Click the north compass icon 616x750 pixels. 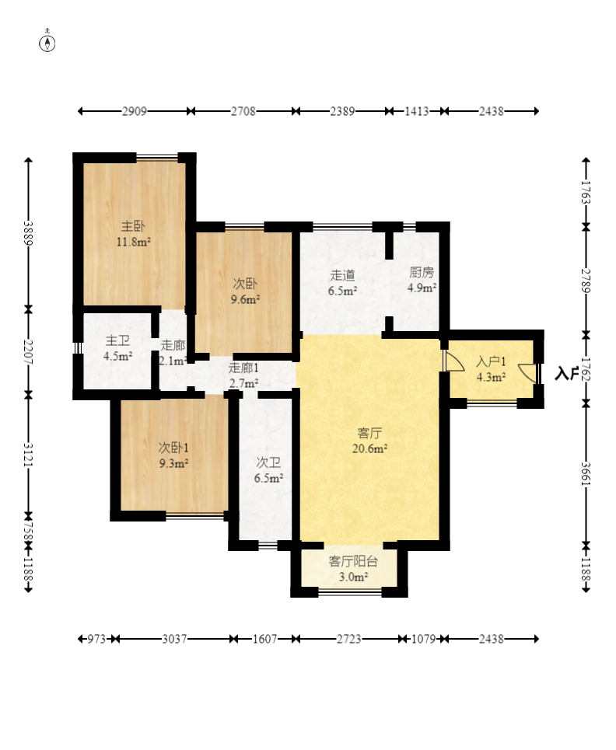[47, 43]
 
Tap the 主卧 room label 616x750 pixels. [133, 225]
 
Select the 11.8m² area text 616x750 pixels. [134, 242]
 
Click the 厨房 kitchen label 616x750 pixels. [422, 272]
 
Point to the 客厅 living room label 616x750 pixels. [369, 433]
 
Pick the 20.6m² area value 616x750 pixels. [369, 448]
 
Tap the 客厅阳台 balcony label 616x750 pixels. [353, 561]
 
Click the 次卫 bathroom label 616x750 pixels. [268, 462]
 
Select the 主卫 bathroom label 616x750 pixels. [117, 340]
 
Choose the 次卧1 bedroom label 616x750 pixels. [173, 448]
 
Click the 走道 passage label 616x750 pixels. [342, 275]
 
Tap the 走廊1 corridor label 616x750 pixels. [243, 368]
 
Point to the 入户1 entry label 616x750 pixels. [491, 361]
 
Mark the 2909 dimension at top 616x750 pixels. [134, 111]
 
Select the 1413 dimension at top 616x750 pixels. [416, 111]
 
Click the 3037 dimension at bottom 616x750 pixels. [174, 639]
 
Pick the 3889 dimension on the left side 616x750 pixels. [28, 233]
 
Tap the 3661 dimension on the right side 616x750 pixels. [586, 474]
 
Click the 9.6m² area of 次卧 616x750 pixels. [245, 299]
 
